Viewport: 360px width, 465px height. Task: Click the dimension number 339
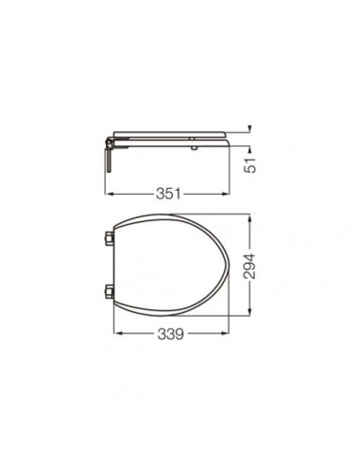point(169,334)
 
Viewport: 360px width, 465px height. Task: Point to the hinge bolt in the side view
point(111,160)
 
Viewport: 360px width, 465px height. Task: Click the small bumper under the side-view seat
point(193,144)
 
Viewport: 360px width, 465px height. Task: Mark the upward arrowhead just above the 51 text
point(249,148)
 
